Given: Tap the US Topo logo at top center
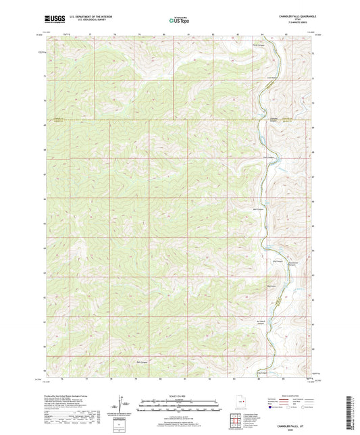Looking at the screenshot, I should (x=178, y=21).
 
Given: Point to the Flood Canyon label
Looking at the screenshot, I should (x=257, y=46).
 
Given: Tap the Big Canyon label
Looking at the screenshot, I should (x=277, y=261).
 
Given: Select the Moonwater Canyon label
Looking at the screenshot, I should (x=292, y=262).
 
